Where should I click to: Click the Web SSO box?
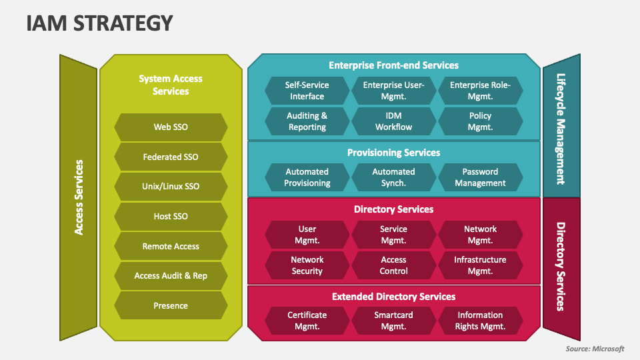click(x=171, y=127)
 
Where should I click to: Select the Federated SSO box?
click(x=171, y=157)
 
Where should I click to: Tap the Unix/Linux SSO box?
click(x=171, y=187)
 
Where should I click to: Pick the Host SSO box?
click(x=171, y=216)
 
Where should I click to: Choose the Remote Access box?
click(x=171, y=246)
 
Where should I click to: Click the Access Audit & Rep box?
click(x=171, y=276)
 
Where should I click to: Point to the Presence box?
click(x=171, y=306)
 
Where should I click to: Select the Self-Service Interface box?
click(x=307, y=91)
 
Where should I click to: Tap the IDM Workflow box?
click(x=393, y=121)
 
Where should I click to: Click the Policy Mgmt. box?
click(x=480, y=121)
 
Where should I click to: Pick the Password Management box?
click(x=480, y=177)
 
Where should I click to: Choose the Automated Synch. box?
click(x=393, y=177)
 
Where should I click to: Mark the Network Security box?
click(x=307, y=265)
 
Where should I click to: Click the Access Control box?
click(x=393, y=265)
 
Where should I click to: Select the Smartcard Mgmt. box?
click(x=393, y=321)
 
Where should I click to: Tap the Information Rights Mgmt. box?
click(x=480, y=321)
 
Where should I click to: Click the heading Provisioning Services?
click(x=393, y=153)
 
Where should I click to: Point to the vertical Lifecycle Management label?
click(x=561, y=129)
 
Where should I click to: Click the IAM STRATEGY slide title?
click(x=99, y=23)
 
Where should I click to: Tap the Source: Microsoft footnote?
click(x=595, y=349)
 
